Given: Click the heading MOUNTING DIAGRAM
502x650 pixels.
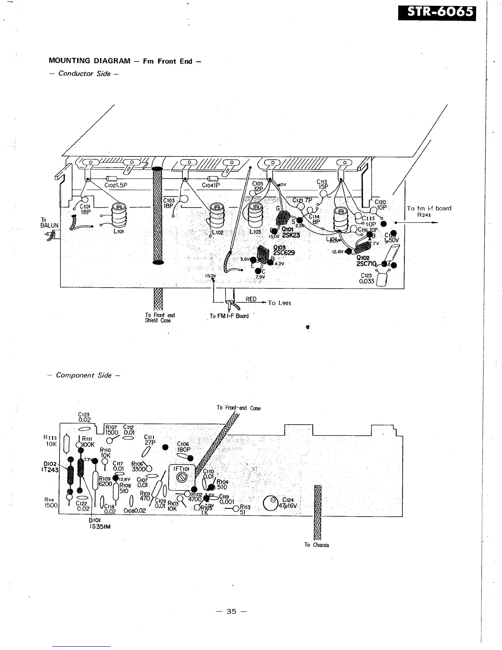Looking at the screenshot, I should point(89,61).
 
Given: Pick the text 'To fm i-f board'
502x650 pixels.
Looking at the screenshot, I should point(429,208).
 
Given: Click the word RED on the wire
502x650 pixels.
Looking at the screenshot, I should point(251,299).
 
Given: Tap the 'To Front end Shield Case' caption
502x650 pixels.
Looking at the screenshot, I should point(160,318).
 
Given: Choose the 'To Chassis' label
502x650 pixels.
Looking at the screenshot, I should point(316,545).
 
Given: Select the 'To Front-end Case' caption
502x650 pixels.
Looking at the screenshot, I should point(238,408).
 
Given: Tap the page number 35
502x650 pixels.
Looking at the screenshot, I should point(231,611).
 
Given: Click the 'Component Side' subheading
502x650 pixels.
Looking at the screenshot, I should point(84,375).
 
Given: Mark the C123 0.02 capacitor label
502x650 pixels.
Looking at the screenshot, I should point(84,417).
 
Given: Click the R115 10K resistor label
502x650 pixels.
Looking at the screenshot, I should point(51,440).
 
